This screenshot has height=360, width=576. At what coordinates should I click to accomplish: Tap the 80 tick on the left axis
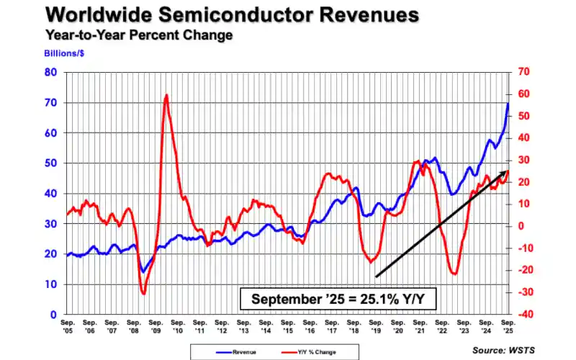point(52,72)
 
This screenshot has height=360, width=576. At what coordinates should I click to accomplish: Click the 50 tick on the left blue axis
point(52,163)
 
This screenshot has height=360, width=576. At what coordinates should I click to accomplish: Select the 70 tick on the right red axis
point(523,72)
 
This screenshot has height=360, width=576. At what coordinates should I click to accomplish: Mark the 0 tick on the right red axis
point(520,226)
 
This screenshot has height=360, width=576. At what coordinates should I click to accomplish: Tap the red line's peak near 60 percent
point(166,95)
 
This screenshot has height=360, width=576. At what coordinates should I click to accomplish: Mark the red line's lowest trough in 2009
point(143,293)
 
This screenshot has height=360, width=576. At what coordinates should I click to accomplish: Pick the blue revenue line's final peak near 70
point(508,103)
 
